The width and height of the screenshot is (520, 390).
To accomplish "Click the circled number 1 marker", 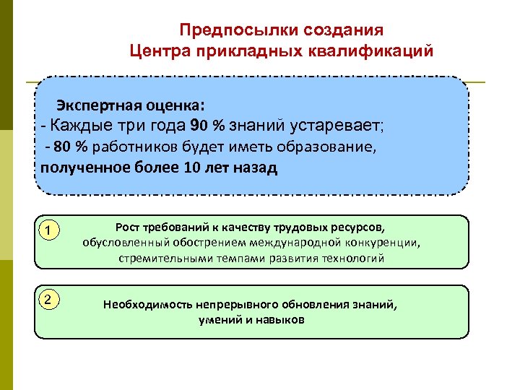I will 47,231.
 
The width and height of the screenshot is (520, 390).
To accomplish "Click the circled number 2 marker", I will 47,300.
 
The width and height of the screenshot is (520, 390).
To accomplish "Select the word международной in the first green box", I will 297,243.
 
